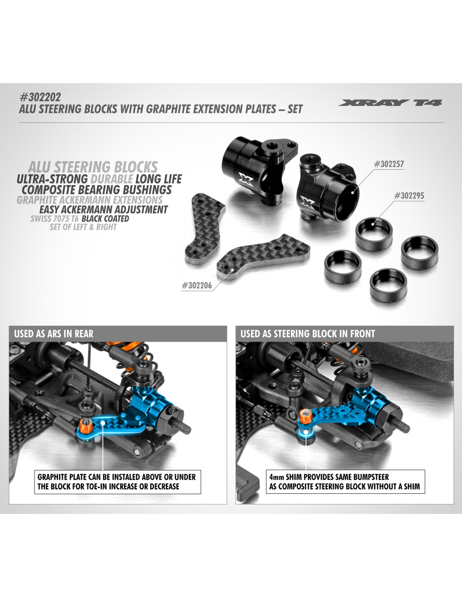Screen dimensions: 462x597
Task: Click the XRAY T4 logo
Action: click(x=390, y=103)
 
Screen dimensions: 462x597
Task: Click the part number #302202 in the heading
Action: click(x=40, y=97)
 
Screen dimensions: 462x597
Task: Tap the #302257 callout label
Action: click(x=389, y=164)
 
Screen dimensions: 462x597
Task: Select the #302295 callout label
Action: click(x=409, y=196)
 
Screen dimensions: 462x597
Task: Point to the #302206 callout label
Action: click(x=197, y=285)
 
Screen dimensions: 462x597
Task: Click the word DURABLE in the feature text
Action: click(x=112, y=179)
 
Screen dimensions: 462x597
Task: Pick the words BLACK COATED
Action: click(x=105, y=219)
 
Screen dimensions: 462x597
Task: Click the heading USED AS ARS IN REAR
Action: click(x=54, y=334)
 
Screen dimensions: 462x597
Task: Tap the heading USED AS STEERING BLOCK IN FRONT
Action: click(x=307, y=334)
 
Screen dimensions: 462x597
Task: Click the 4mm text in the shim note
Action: click(x=276, y=477)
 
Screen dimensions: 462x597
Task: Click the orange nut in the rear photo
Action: click(x=84, y=425)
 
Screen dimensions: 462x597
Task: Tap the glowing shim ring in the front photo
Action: click(x=306, y=432)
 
